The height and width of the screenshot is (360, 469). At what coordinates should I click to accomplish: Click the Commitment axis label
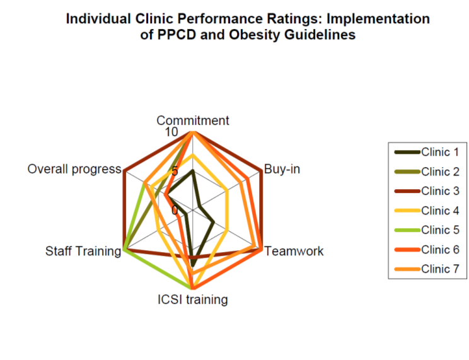[x=192, y=120]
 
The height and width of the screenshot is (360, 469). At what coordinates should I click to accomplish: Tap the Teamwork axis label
[x=294, y=251]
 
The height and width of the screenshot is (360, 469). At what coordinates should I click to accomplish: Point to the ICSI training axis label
[x=192, y=299]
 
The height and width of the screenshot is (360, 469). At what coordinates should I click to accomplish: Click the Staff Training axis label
[x=83, y=251]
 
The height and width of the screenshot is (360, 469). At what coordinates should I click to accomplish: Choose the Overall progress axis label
[x=74, y=170]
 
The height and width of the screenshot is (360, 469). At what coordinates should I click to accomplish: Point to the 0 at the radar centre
[x=175, y=210]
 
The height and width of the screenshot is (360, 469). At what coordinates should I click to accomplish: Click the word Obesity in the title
[x=260, y=35]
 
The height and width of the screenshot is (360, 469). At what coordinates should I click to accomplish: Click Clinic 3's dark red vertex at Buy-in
[x=261, y=171]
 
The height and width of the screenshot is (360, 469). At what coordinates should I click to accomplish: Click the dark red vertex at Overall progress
[x=124, y=171]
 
